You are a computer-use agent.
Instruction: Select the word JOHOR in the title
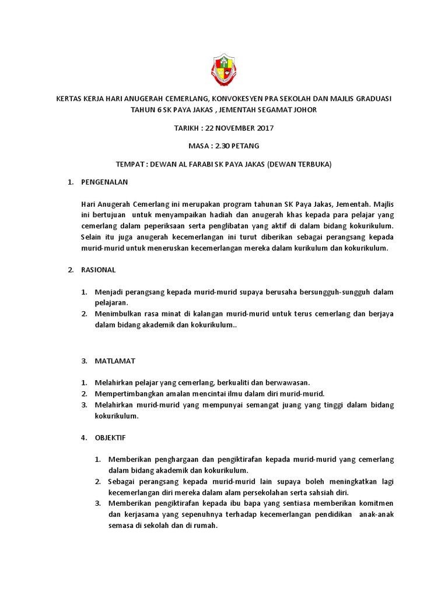(x=305, y=110)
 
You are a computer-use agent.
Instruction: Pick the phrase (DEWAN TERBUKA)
(x=299, y=164)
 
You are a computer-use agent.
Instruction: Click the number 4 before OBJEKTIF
(x=83, y=437)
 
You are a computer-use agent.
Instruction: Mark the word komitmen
(x=373, y=503)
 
